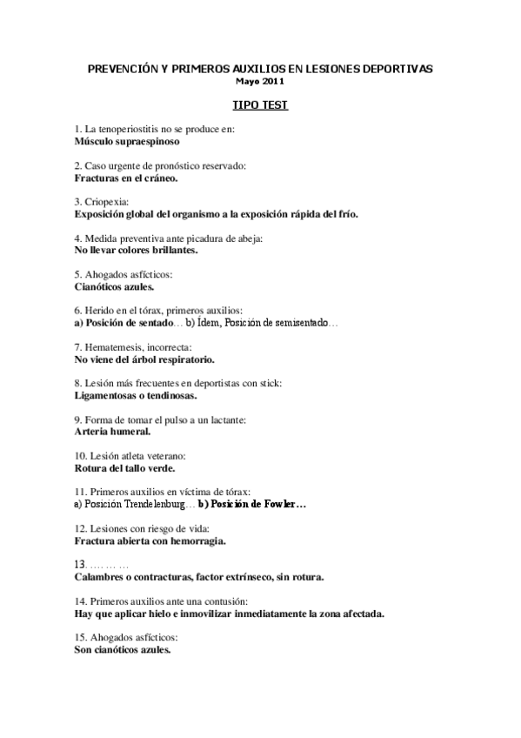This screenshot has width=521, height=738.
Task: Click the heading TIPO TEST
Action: pyautogui.click(x=260, y=104)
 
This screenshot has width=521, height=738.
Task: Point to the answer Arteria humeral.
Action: pyautogui.click(x=113, y=431)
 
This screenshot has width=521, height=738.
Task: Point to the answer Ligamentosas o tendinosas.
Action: pyautogui.click(x=135, y=394)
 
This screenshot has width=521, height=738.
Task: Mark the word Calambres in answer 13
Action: pyautogui.click(x=101, y=577)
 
